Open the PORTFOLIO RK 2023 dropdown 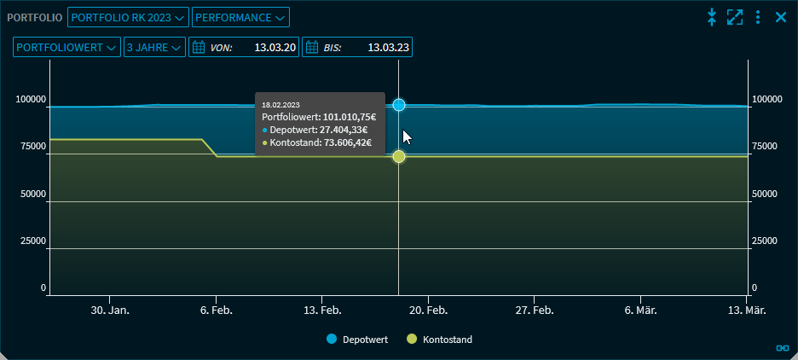pos(128,17)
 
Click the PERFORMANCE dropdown pos(240,17)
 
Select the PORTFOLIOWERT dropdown pos(66,48)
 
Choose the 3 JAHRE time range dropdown pos(154,48)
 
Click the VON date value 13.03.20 pos(275,48)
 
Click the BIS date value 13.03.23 pos(388,48)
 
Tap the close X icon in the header pos(780,17)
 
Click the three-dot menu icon pos(758,17)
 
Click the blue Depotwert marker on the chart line pos(399,105)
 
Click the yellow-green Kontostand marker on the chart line pos(399,156)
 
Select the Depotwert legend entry pos(358,340)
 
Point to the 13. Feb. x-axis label pos(323,311)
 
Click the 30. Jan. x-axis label pos(110,311)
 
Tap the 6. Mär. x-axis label pos(639,311)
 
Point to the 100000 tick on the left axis pos(31,100)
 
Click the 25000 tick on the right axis pos(765,241)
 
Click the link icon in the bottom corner pos(782,347)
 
